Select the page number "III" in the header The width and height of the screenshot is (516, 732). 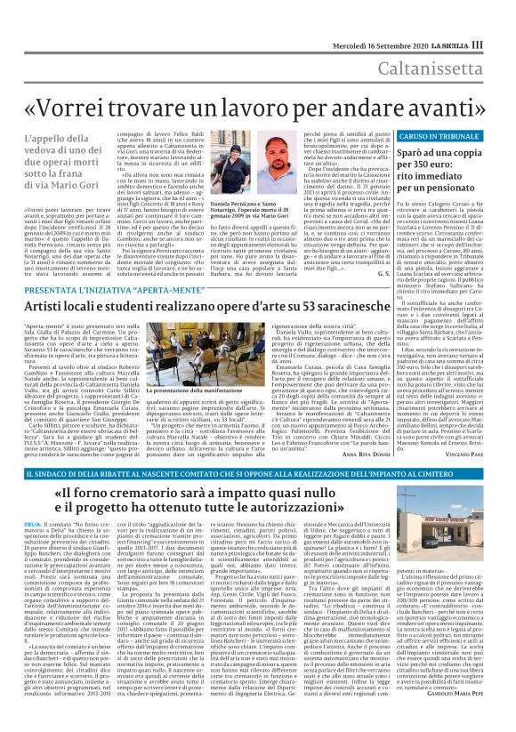coord(502,19)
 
